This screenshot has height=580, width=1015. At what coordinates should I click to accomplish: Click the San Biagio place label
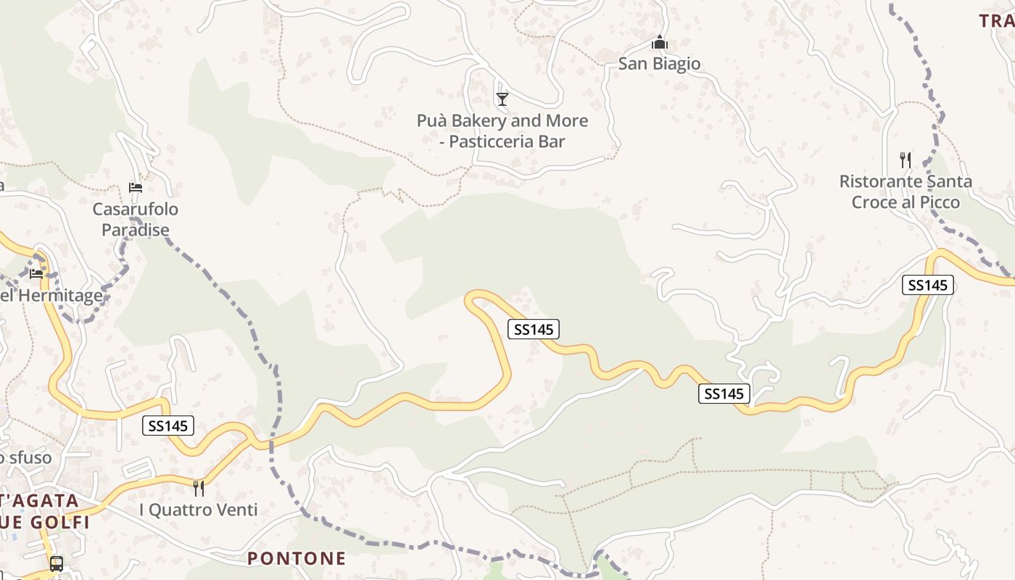tap(659, 64)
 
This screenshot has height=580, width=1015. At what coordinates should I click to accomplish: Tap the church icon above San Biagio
tap(659, 42)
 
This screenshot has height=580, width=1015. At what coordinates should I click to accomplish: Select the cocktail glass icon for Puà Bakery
tap(502, 99)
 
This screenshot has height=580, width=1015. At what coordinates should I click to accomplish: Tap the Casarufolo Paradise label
tap(136, 220)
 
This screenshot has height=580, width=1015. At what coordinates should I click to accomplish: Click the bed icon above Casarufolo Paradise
tap(135, 188)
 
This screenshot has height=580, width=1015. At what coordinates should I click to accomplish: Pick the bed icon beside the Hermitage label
tap(36, 274)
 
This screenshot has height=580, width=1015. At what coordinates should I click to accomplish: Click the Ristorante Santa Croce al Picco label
tap(906, 191)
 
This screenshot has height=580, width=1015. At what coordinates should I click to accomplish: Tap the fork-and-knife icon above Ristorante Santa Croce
tap(905, 159)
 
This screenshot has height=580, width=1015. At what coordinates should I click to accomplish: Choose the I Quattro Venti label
tap(198, 510)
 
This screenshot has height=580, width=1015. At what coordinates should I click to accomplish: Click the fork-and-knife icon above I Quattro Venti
tap(198, 487)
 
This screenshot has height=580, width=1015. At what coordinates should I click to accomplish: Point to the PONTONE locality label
tap(297, 559)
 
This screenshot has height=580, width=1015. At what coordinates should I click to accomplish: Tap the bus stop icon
tap(56, 563)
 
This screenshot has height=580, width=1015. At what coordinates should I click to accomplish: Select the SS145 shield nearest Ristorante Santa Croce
tap(927, 286)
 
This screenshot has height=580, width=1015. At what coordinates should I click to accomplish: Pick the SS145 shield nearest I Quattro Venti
tap(168, 426)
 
